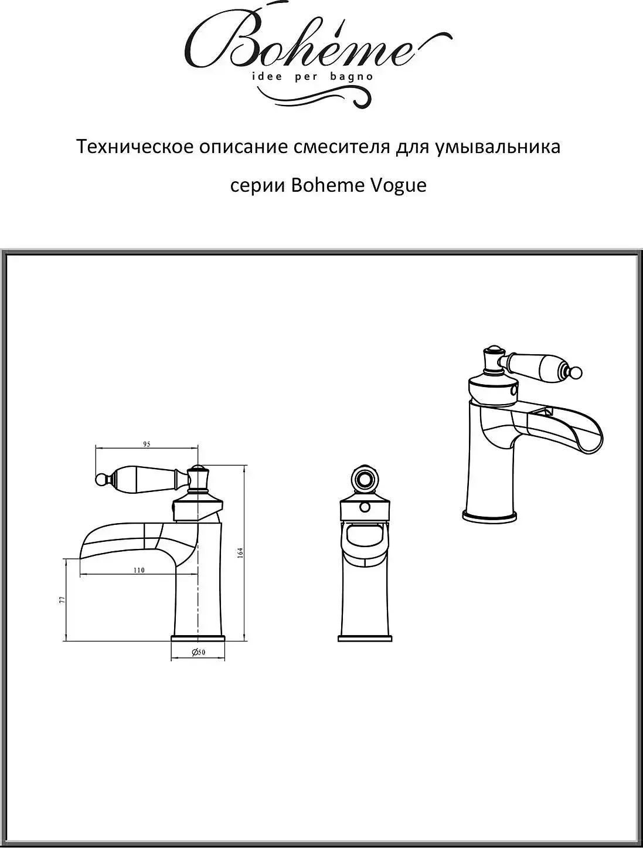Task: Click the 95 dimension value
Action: (147, 445)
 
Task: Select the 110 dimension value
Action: (139, 570)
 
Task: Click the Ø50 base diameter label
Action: (198, 653)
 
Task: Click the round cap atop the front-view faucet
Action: (365, 481)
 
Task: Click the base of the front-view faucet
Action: (365, 635)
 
